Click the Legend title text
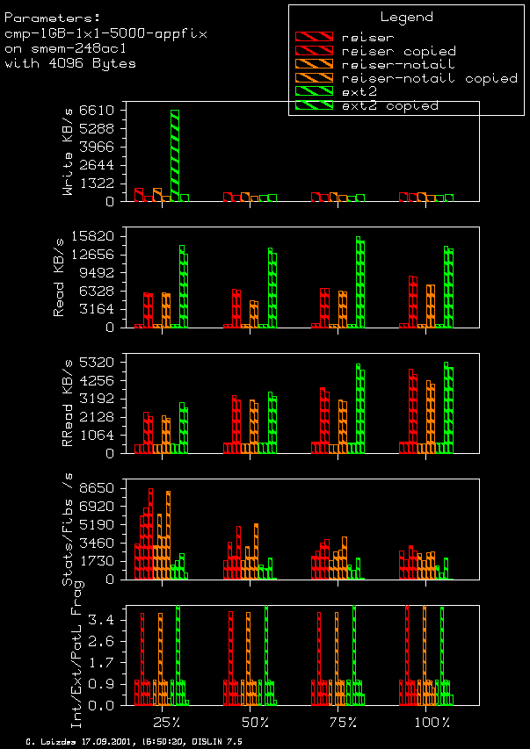point(406,17)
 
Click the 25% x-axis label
point(167,722)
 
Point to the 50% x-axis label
point(255,722)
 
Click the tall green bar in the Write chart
point(175,155)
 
